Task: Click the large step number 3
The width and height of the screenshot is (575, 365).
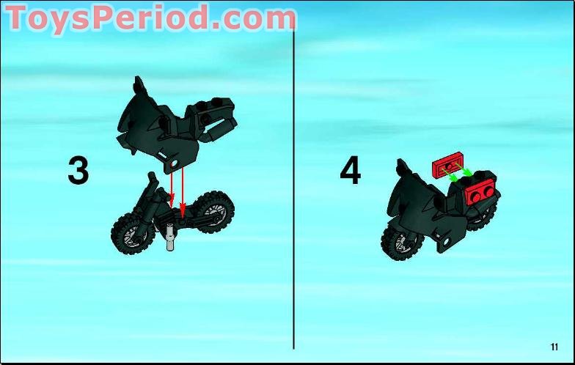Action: click(78, 170)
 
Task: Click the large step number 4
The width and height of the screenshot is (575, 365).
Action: click(351, 170)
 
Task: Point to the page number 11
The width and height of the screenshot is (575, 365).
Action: click(554, 347)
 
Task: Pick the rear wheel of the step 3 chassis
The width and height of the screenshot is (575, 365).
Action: click(213, 212)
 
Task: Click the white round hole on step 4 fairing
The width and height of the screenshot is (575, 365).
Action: click(446, 242)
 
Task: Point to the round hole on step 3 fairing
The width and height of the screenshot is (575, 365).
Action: click(174, 163)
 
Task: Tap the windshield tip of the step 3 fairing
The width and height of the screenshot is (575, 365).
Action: click(138, 78)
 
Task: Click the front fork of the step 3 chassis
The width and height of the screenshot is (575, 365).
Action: click(148, 204)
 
